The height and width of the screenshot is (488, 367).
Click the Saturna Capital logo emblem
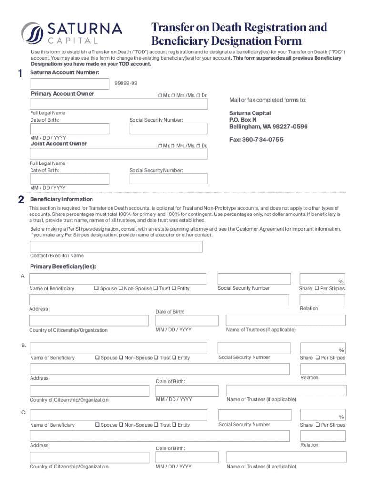[32, 33]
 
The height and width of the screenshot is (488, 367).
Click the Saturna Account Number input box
[69, 84]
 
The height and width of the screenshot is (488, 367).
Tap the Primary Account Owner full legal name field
[118, 104]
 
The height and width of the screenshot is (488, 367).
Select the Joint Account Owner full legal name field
[118, 153]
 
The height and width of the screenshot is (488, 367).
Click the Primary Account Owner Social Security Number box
[168, 129]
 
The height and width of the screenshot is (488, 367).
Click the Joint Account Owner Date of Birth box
[69, 179]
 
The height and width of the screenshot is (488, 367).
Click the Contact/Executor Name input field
[116, 246]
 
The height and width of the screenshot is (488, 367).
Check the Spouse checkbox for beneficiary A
[96, 288]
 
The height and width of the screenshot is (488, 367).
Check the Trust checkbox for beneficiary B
[156, 358]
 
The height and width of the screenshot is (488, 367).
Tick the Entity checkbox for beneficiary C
[174, 425]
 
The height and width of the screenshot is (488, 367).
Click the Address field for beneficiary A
[159, 299]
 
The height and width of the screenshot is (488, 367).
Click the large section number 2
[20, 201]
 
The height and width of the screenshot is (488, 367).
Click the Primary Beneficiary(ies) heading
[63, 266]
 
